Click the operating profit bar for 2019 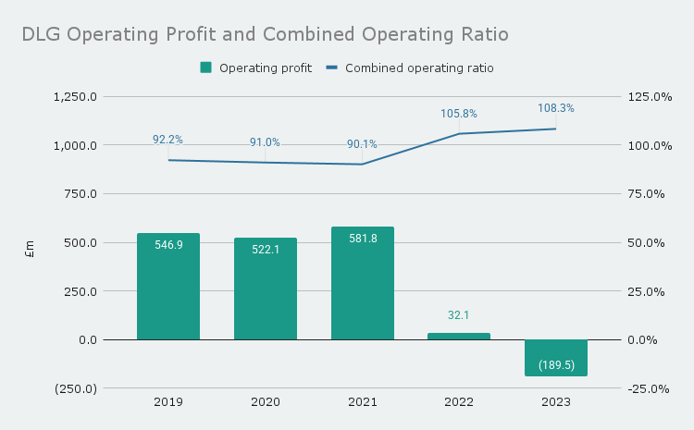pyautogui.click(x=168, y=287)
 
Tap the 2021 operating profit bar pyautogui.click(x=363, y=283)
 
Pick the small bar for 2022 pyautogui.click(x=459, y=336)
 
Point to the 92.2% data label pyautogui.click(x=167, y=140)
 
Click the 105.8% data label pyautogui.click(x=459, y=114)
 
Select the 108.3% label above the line pyautogui.click(x=556, y=108)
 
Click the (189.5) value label pyautogui.click(x=556, y=365)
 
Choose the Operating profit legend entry pyautogui.click(x=256, y=68)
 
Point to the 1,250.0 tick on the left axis pyautogui.click(x=76, y=97)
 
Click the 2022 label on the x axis pyautogui.click(x=459, y=402)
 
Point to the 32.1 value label pyautogui.click(x=459, y=315)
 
